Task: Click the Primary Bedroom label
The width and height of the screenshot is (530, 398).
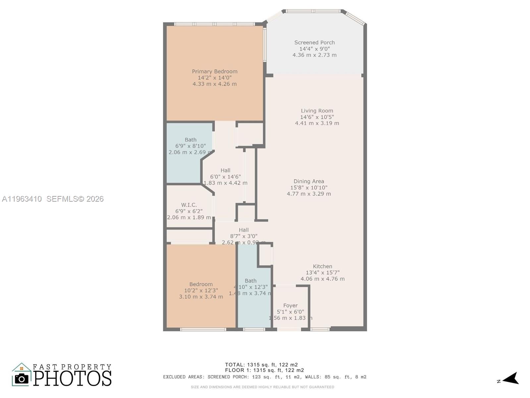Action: pyautogui.click(x=215, y=71)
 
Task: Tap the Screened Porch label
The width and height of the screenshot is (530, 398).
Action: pyautogui.click(x=314, y=42)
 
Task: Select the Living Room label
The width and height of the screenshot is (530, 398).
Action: pyautogui.click(x=317, y=111)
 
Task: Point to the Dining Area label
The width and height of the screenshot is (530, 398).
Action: pyautogui.click(x=309, y=181)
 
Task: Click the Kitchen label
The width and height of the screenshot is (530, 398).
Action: pyautogui.click(x=322, y=266)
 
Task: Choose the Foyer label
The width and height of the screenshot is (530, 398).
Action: pyautogui.click(x=290, y=305)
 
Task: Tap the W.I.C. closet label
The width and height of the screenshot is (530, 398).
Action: pyautogui.click(x=189, y=205)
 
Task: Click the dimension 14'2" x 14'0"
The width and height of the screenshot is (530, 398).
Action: pyautogui.click(x=215, y=78)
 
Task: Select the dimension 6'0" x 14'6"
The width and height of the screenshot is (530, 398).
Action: pyautogui.click(x=225, y=177)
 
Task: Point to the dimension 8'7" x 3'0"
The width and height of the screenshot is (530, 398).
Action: pyautogui.click(x=243, y=236)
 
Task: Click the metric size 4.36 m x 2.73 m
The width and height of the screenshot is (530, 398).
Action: pyautogui.click(x=314, y=55)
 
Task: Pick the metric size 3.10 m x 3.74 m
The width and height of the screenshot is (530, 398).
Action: pyautogui.click(x=201, y=297)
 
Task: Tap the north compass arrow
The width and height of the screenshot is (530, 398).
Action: pyautogui.click(x=511, y=379)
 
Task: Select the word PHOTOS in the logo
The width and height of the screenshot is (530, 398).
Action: pyautogui.click(x=73, y=378)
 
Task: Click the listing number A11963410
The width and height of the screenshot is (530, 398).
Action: pyautogui.click(x=22, y=199)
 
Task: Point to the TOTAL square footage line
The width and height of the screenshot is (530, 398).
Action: pyautogui.click(x=261, y=365)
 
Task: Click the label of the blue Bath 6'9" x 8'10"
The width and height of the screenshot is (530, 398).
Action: pyautogui.click(x=190, y=140)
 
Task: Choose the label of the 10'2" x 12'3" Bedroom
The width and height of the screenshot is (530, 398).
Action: pyautogui.click(x=201, y=284)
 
